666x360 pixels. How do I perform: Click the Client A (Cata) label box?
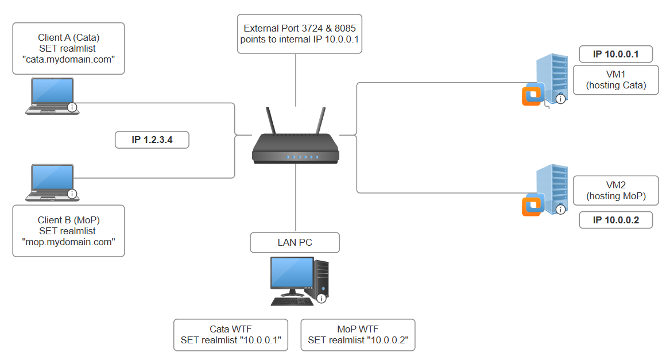tap(68, 48)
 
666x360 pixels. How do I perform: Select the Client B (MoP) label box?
tap(68, 231)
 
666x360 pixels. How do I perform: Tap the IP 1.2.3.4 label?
tap(152, 140)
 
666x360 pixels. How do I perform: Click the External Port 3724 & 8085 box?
tap(299, 34)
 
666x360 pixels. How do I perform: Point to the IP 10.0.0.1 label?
tap(615, 55)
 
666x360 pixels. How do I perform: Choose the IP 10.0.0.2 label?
tap(615, 220)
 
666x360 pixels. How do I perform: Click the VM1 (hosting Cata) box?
tap(615, 80)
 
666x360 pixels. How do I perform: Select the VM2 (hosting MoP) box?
tap(615, 190)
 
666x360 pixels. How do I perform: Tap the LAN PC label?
tap(295, 242)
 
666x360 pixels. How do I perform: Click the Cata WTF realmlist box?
tap(230, 335)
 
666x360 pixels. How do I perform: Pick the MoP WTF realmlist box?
tap(358, 335)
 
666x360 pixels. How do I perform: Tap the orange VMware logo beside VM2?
tap(532, 206)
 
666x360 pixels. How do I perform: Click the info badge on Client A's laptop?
tap(72, 107)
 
